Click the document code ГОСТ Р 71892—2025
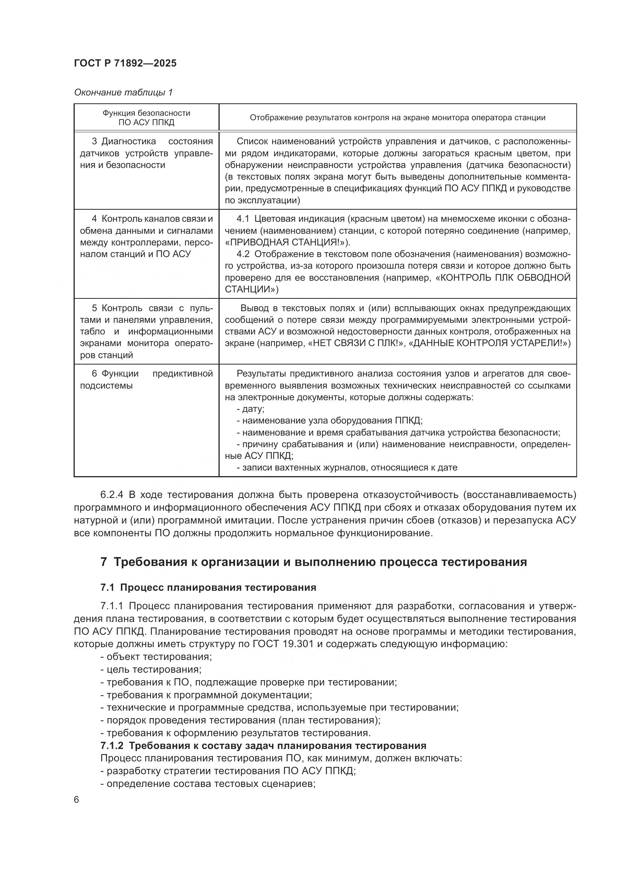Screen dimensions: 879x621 125,64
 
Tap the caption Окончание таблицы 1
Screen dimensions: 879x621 123,92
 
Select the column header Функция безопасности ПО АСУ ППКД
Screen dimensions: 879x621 146,118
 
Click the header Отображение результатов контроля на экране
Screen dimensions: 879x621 397,118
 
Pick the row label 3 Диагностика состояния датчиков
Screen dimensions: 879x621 146,153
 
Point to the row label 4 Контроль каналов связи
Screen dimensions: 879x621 146,236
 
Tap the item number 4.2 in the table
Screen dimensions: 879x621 243,254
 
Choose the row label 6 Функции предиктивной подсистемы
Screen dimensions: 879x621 146,380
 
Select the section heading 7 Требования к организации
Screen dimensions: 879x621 314,562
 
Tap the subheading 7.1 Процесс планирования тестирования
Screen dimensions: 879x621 208,587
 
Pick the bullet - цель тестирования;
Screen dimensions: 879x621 151,669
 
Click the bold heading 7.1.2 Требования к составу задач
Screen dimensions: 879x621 263,745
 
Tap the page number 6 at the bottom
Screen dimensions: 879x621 77,800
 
